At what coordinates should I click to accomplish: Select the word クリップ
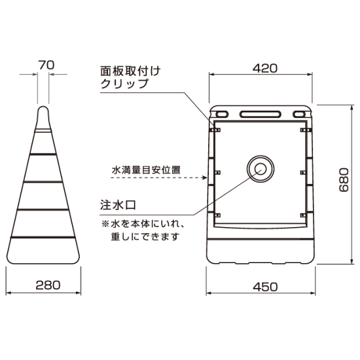[122, 84]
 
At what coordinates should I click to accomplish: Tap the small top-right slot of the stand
[300, 115]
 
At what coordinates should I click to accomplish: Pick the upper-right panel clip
[302, 131]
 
